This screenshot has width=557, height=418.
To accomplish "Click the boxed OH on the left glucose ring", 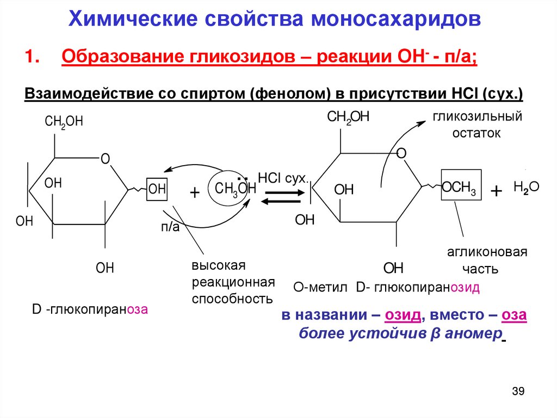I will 157,189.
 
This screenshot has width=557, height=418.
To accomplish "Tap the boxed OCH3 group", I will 458,189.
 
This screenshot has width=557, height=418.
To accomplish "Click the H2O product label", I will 525,187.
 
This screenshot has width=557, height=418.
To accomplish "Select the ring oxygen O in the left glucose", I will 106,159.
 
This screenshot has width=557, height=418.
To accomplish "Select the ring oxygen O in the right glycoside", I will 401,154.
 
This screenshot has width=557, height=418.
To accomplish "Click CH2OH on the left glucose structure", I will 64,121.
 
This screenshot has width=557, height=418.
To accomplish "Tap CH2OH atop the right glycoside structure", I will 348,116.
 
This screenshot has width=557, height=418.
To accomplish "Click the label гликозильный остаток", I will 477,124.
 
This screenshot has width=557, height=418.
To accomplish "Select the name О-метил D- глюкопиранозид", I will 386,288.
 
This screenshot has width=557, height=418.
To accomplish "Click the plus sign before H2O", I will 496,191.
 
